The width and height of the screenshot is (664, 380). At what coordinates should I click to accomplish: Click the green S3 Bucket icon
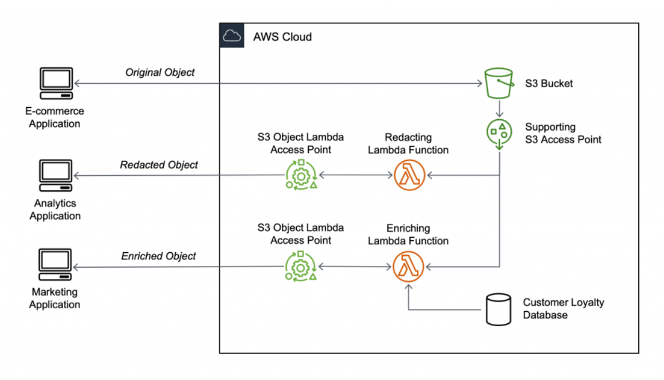(x=500, y=84)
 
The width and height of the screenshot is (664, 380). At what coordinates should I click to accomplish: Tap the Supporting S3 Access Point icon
(x=500, y=134)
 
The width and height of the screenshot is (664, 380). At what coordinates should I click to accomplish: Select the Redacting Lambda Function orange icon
(x=408, y=175)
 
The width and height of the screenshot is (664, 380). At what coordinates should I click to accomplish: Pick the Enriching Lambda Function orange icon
(x=408, y=267)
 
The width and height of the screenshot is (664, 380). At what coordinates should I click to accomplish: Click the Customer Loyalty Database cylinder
(x=498, y=309)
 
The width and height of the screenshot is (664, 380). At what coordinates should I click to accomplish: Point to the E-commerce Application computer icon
(x=55, y=84)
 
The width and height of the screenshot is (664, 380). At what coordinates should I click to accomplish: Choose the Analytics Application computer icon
(x=55, y=175)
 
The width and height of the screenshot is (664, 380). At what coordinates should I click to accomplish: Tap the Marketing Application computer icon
(x=55, y=265)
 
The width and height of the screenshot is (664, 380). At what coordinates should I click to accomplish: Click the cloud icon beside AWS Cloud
(x=232, y=36)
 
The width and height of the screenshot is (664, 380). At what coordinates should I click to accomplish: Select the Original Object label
(x=160, y=73)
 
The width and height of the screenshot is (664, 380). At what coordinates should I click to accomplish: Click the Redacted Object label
(x=159, y=165)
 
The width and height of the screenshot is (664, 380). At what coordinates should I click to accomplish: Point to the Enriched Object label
(x=159, y=256)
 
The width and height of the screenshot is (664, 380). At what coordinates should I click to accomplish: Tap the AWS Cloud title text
(x=282, y=37)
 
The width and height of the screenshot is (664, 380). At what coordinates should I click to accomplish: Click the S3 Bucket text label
(x=549, y=84)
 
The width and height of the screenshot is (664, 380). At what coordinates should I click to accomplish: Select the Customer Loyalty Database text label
(x=563, y=308)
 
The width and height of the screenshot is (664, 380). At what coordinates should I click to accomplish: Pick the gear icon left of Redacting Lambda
(x=301, y=175)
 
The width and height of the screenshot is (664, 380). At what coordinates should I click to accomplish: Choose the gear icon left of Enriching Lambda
(x=301, y=267)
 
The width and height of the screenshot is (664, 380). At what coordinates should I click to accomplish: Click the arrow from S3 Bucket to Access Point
(x=500, y=108)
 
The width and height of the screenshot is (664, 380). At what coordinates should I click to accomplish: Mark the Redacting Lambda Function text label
(x=408, y=144)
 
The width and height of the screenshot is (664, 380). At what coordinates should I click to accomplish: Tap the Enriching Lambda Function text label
(x=408, y=234)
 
